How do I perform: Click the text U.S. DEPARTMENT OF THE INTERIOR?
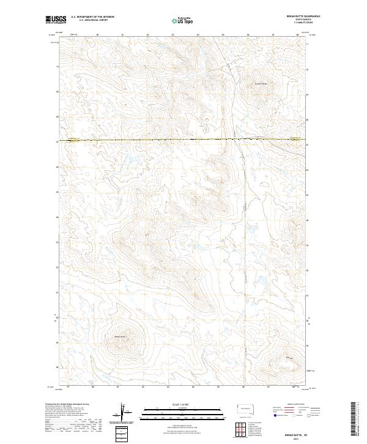[x=92, y=17]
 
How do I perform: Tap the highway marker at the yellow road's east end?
[x=294, y=139]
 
